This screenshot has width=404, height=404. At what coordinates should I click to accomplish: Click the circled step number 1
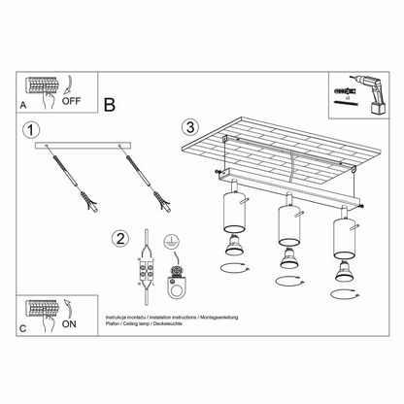click(x=32, y=130)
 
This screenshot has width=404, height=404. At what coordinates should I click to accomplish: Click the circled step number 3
click(x=191, y=126)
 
